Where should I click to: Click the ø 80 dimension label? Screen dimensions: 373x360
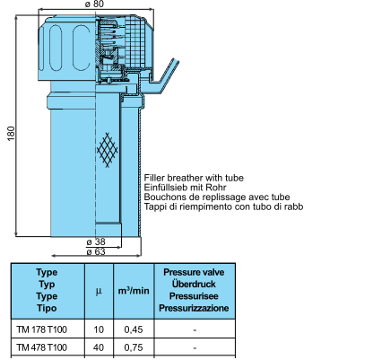coord(95,4)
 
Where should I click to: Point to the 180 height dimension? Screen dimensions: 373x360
coord(11,134)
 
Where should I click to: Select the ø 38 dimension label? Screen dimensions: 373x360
coord(96,241)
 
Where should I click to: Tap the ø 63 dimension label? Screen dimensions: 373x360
coord(96,252)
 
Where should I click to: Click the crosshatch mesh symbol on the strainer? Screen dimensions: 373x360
coord(108,150)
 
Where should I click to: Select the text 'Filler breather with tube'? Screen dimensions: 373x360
coord(194,178)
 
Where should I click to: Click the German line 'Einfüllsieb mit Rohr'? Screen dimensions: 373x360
coord(185,188)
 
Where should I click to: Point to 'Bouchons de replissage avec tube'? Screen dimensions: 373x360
coord(217,198)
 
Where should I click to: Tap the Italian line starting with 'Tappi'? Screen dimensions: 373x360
coord(223,206)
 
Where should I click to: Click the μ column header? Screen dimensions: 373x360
coord(99,291)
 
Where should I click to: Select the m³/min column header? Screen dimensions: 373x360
coord(134,290)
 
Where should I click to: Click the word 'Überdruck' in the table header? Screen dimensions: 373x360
coord(194,284)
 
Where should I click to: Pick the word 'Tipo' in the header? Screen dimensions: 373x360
coord(47,308)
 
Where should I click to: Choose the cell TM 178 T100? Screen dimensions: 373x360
coord(42,329)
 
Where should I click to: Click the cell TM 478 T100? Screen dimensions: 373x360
coord(42,347)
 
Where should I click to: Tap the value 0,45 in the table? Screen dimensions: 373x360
coord(134,329)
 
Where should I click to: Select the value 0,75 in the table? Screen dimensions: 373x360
coord(134,347)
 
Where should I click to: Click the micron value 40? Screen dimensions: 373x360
coord(99,347)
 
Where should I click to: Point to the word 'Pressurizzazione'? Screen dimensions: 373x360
coord(194,308)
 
